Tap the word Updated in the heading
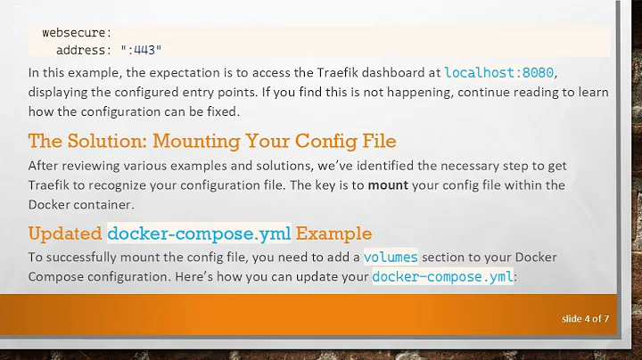(x=64, y=234)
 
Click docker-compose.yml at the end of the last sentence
(x=442, y=277)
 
